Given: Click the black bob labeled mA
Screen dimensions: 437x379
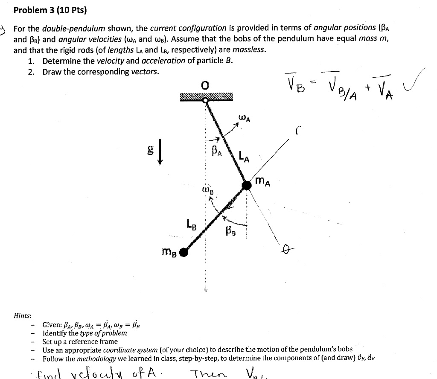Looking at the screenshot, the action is pos(247,185).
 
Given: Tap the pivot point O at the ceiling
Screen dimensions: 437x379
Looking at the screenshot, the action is pos(206,100).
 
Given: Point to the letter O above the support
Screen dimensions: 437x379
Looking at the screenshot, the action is pos(206,86).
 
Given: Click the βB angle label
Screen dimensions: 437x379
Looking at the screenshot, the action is pos(231,232).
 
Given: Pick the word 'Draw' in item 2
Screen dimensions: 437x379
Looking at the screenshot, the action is pos(52,71).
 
